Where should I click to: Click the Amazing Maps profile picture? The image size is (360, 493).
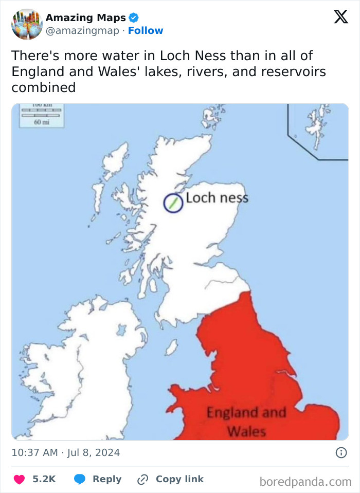[27, 24]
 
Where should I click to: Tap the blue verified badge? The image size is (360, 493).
[133, 18]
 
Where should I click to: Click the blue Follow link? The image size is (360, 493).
[146, 31]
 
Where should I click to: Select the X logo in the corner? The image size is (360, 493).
[340, 17]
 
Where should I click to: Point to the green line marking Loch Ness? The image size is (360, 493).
[173, 203]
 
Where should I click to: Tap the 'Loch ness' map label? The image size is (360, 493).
[217, 198]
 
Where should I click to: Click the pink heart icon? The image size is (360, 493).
[20, 479]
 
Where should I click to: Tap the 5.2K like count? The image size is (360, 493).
[44, 479]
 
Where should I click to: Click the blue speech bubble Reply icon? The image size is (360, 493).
[80, 479]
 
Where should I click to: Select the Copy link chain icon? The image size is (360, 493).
[142, 479]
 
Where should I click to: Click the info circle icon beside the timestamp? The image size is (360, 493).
[340, 452]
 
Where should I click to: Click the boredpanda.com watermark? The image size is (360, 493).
[305, 482]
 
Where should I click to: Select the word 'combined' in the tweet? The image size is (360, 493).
[43, 87]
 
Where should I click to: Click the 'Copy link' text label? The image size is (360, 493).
[179, 479]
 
